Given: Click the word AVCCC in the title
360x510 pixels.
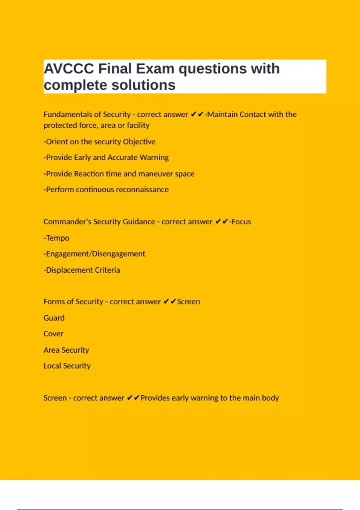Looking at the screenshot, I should click(x=69, y=69).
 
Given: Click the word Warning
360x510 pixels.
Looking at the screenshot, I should click(x=154, y=157).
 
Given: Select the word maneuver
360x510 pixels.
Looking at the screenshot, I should click(x=156, y=174).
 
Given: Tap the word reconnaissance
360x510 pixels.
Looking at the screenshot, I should click(x=142, y=190).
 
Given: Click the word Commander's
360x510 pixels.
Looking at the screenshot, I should click(x=67, y=222).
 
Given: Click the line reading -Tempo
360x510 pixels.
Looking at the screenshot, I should click(x=56, y=238).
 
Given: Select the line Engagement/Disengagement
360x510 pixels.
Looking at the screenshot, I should click(x=94, y=254).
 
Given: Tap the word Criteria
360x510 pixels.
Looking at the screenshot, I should click(x=107, y=270).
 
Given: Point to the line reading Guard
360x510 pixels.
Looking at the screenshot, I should click(x=54, y=318).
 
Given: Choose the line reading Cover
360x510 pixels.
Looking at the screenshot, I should click(x=53, y=334).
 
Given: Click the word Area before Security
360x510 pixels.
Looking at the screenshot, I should click(x=51, y=350).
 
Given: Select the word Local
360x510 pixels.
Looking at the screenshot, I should click(x=52, y=366).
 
